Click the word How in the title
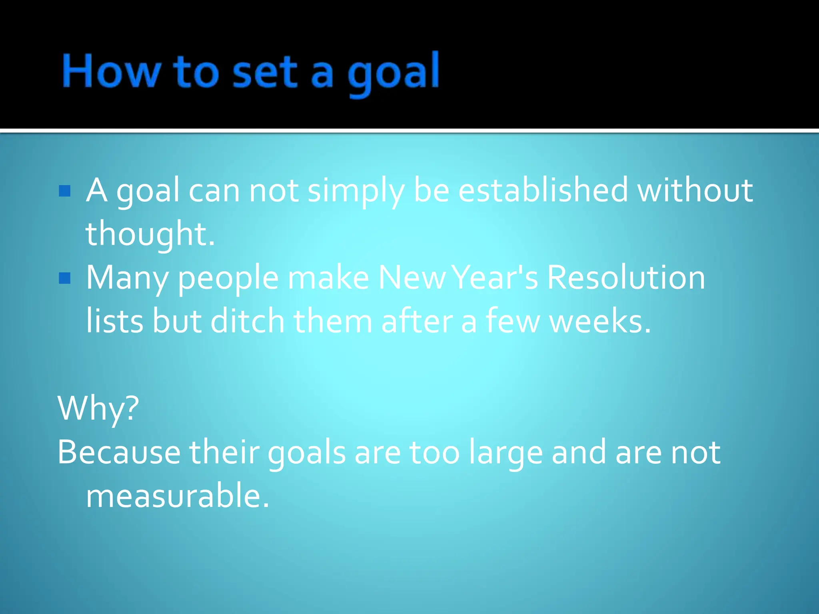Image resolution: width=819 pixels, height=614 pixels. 111,71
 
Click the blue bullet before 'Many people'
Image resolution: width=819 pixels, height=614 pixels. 65,278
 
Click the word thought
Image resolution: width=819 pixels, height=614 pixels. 150,234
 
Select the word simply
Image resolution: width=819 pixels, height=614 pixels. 356,191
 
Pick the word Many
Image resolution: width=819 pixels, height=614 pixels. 127,278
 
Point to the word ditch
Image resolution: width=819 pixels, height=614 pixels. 247,321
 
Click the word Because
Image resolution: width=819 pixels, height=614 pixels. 119,452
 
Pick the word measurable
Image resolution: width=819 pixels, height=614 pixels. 178,495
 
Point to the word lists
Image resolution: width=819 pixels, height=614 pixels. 115,321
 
